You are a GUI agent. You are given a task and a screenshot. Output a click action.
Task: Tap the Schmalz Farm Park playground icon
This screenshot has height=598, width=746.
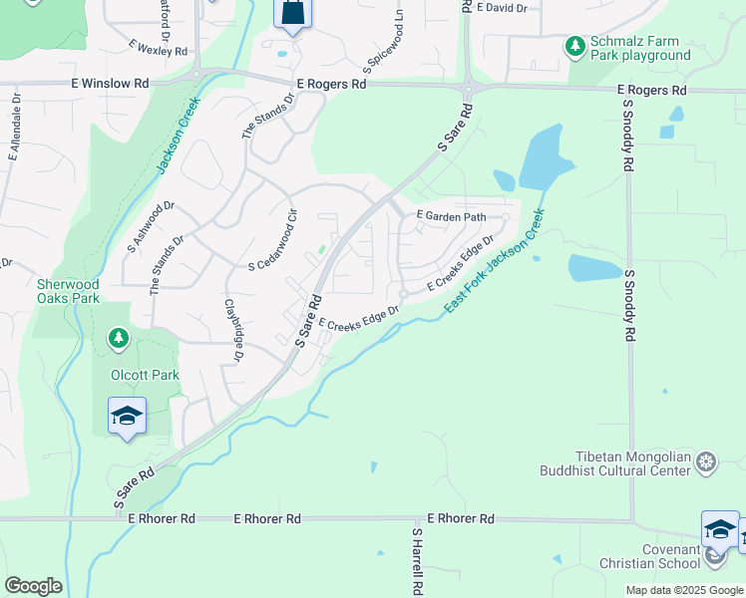pos(574,46)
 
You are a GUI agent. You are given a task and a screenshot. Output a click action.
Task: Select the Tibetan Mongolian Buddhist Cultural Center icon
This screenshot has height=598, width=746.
pos(706,461)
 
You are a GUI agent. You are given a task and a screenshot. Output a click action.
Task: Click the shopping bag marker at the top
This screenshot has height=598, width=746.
pos(293,12)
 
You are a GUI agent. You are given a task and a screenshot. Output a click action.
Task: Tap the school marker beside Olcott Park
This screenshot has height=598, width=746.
pos(127,416)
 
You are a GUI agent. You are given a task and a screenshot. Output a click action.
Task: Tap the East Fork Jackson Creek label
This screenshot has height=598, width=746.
pos(496,262)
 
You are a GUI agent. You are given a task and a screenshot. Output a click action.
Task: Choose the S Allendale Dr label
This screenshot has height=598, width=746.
pos(15,131)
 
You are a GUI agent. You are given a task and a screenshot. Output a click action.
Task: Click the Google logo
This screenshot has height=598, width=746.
pos(33,586)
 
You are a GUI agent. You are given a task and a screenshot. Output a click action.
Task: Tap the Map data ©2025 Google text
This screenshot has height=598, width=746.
pos(683,590)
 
